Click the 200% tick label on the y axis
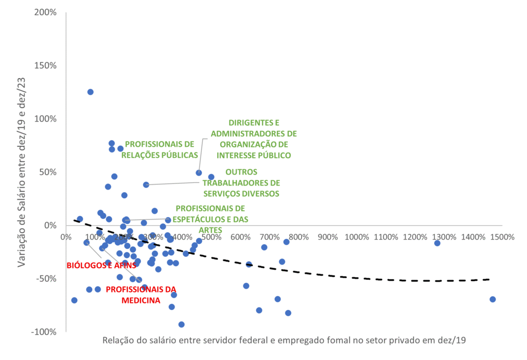45,12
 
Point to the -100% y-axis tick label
44,332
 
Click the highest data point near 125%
91,92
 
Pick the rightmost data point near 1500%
493,299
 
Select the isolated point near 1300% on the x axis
437,243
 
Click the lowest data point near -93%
181,324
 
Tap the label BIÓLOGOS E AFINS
101,266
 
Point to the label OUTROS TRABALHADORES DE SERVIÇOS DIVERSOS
241,183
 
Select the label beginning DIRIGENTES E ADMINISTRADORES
254,139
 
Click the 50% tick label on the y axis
48,172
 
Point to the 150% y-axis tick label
45,65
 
